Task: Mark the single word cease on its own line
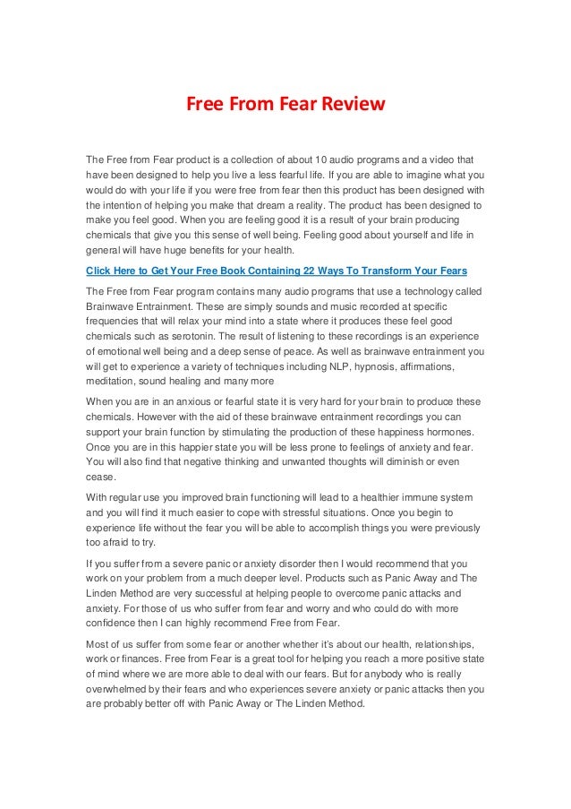point(99,477)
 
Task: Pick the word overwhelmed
point(122,690)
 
